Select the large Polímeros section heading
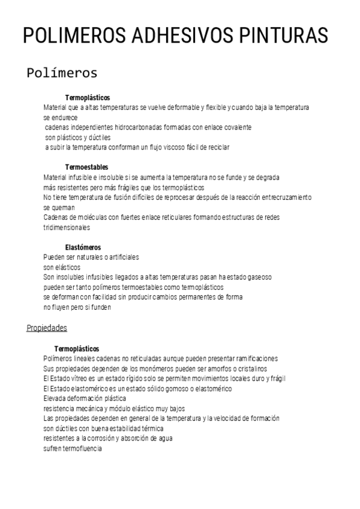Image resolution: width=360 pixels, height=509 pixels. (62, 73)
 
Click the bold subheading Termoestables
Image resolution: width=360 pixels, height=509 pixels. (86, 167)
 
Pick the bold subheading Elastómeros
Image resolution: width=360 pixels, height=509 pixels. (83, 247)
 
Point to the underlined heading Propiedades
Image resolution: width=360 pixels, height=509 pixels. (47, 328)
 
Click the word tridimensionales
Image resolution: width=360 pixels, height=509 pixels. (67, 227)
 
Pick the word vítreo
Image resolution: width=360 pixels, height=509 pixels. (84, 378)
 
